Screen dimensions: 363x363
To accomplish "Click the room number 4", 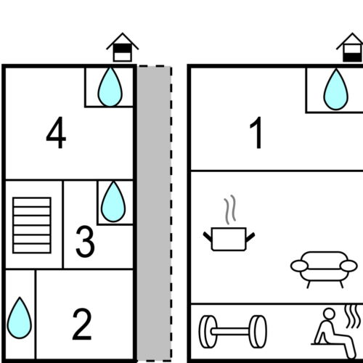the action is pyautogui.click(x=56, y=133).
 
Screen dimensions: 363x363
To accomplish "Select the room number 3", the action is pyautogui.click(x=85, y=241).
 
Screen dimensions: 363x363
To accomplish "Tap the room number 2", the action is pyautogui.click(x=82, y=325).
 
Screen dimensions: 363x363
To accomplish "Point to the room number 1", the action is pyautogui.click(x=256, y=133).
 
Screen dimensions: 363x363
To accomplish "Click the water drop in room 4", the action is pyautogui.click(x=110, y=87).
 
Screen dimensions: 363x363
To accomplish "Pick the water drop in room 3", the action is pyautogui.click(x=113, y=202).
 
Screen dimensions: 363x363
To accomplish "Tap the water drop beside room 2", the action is pyautogui.click(x=20, y=318).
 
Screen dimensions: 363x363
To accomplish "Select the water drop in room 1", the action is pyautogui.click(x=336, y=89).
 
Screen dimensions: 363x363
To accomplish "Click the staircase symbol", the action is pyautogui.click(x=32, y=226).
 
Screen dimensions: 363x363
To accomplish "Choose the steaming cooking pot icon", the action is pyautogui.click(x=229, y=223).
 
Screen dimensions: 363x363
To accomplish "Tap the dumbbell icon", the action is pyautogui.click(x=233, y=332).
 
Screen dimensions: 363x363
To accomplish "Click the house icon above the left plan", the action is pyautogui.click(x=123, y=47).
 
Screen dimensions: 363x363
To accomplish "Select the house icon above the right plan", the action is pyautogui.click(x=350, y=47).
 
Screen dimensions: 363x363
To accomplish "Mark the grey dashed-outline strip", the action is pyautogui.click(x=155, y=213).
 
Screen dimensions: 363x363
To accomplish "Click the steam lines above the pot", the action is pyautogui.click(x=230, y=210).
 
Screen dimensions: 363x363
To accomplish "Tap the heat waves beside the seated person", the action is pyautogui.click(x=353, y=317).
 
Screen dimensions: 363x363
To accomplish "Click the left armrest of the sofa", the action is pyautogui.click(x=300, y=266).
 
